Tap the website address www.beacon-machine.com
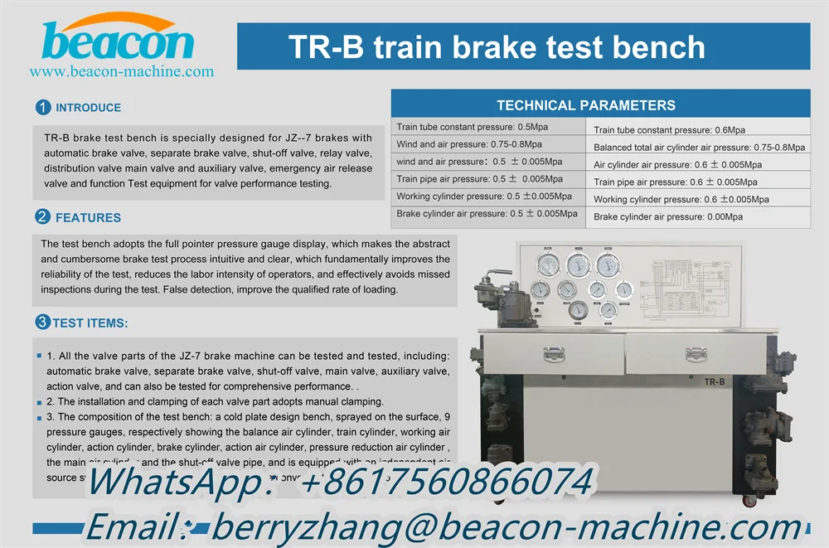tap(122, 72)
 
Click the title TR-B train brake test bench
tap(497, 47)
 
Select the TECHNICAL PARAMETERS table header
tap(585, 105)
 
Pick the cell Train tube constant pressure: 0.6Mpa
tap(669, 130)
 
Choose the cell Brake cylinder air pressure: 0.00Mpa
tap(668, 216)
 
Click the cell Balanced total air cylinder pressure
tap(699, 148)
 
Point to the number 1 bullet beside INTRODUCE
tap(43, 107)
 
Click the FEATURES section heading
tap(88, 217)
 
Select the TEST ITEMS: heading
tap(90, 322)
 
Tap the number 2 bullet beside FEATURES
tap(42, 217)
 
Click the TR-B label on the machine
tap(714, 381)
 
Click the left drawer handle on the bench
tap(555, 354)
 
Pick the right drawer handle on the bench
tap(696, 354)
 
